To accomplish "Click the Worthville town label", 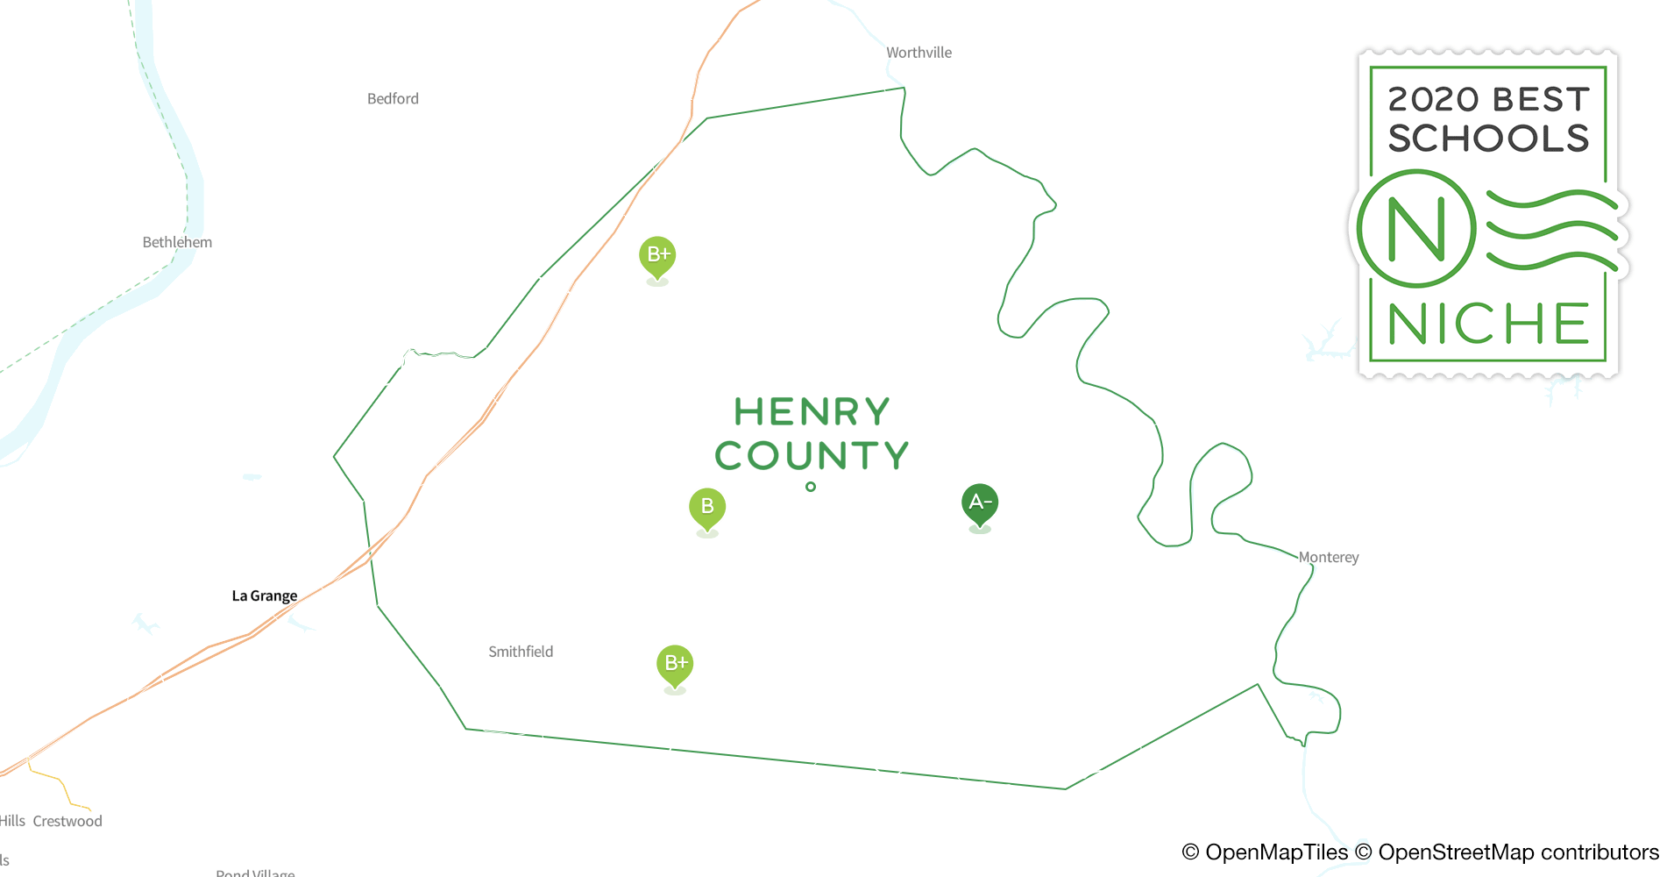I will pyautogui.click(x=919, y=53).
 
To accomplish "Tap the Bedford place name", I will pyautogui.click(x=393, y=99).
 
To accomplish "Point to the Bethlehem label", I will pyautogui.click(x=177, y=242).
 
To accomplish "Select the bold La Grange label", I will pyautogui.click(x=264, y=596).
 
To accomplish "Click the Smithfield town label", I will pyautogui.click(x=521, y=652).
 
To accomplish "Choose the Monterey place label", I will pyautogui.click(x=1329, y=557).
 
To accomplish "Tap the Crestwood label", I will pyautogui.click(x=67, y=821).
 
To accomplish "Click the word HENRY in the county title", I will pyautogui.click(x=812, y=412).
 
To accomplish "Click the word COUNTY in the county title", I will pyautogui.click(x=812, y=456).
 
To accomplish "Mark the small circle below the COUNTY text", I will pyautogui.click(x=811, y=487).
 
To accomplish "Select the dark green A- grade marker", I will pyautogui.click(x=980, y=503).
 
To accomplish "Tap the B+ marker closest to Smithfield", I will pyautogui.click(x=675, y=664).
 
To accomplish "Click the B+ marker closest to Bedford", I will pyautogui.click(x=657, y=255).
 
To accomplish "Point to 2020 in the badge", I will pyautogui.click(x=1434, y=99).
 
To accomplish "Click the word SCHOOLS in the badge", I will pyautogui.click(x=1488, y=139).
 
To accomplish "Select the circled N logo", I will pyautogui.click(x=1416, y=229).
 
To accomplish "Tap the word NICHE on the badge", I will pyautogui.click(x=1488, y=324).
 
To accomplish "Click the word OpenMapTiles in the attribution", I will pyautogui.click(x=1276, y=852).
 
